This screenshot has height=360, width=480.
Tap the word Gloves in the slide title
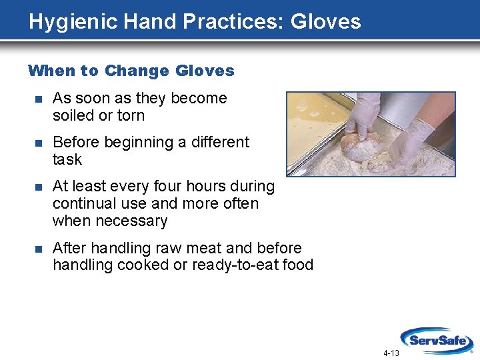click(325, 22)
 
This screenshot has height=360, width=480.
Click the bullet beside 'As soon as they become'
click(38, 99)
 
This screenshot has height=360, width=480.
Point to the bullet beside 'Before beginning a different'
click(38, 143)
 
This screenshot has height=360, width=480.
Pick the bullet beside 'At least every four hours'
click(38, 187)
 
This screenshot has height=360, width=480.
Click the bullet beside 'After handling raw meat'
click(38, 249)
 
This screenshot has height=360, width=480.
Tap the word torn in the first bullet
click(131, 115)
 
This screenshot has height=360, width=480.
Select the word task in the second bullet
click(67, 159)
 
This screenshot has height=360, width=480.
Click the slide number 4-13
click(391, 353)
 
